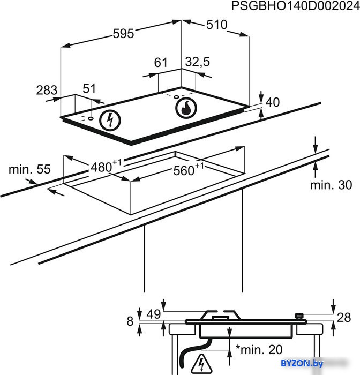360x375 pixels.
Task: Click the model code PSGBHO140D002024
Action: [296, 6]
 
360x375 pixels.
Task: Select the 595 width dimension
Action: [123, 33]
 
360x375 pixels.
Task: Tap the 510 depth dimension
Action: [217, 25]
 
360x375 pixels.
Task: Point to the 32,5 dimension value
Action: [198, 62]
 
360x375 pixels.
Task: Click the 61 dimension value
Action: [161, 63]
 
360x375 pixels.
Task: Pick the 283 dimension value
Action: [47, 90]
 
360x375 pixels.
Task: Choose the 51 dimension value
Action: [89, 88]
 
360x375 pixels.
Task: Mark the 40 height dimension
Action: [273, 102]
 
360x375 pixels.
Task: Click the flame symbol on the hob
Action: [186, 108]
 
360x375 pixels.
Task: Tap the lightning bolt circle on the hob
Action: [110, 121]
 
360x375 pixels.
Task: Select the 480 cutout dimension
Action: [106, 166]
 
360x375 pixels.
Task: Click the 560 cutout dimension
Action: [189, 170]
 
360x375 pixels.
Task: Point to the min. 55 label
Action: [29, 169]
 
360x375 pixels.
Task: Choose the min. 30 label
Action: [331, 185]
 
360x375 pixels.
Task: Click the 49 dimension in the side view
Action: [154, 314]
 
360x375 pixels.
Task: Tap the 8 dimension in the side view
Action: [130, 321]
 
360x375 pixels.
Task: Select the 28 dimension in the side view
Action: [344, 318]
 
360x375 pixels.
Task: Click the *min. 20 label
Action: [259, 350]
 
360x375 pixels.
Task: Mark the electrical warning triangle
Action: [201, 363]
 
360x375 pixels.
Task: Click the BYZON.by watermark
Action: [302, 363]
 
